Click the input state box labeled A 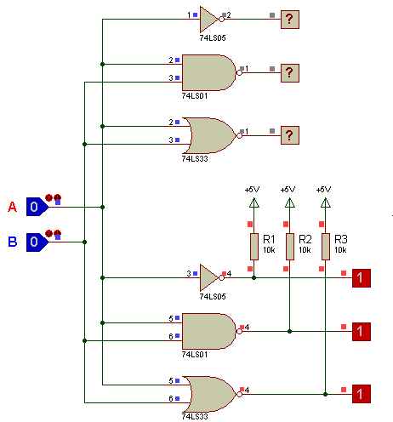tap(37, 207)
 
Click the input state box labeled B tap(37, 242)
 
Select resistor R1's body tap(254, 247)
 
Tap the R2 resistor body tap(290, 247)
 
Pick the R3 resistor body tap(326, 247)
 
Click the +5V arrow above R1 tap(254, 202)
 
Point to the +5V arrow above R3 tap(326, 202)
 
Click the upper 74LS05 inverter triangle tap(210, 20)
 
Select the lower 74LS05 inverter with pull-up tap(210, 277)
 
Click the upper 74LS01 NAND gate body tap(209, 72)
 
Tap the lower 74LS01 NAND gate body tap(209, 331)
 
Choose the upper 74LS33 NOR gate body tap(211, 135)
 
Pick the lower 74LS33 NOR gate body tap(211, 394)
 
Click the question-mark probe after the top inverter tap(290, 20)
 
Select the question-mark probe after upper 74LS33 tap(290, 135)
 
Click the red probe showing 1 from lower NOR tap(362, 394)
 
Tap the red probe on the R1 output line tap(362, 278)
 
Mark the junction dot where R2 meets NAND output tap(289, 331)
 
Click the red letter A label tap(12, 207)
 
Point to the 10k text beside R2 tap(305, 250)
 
